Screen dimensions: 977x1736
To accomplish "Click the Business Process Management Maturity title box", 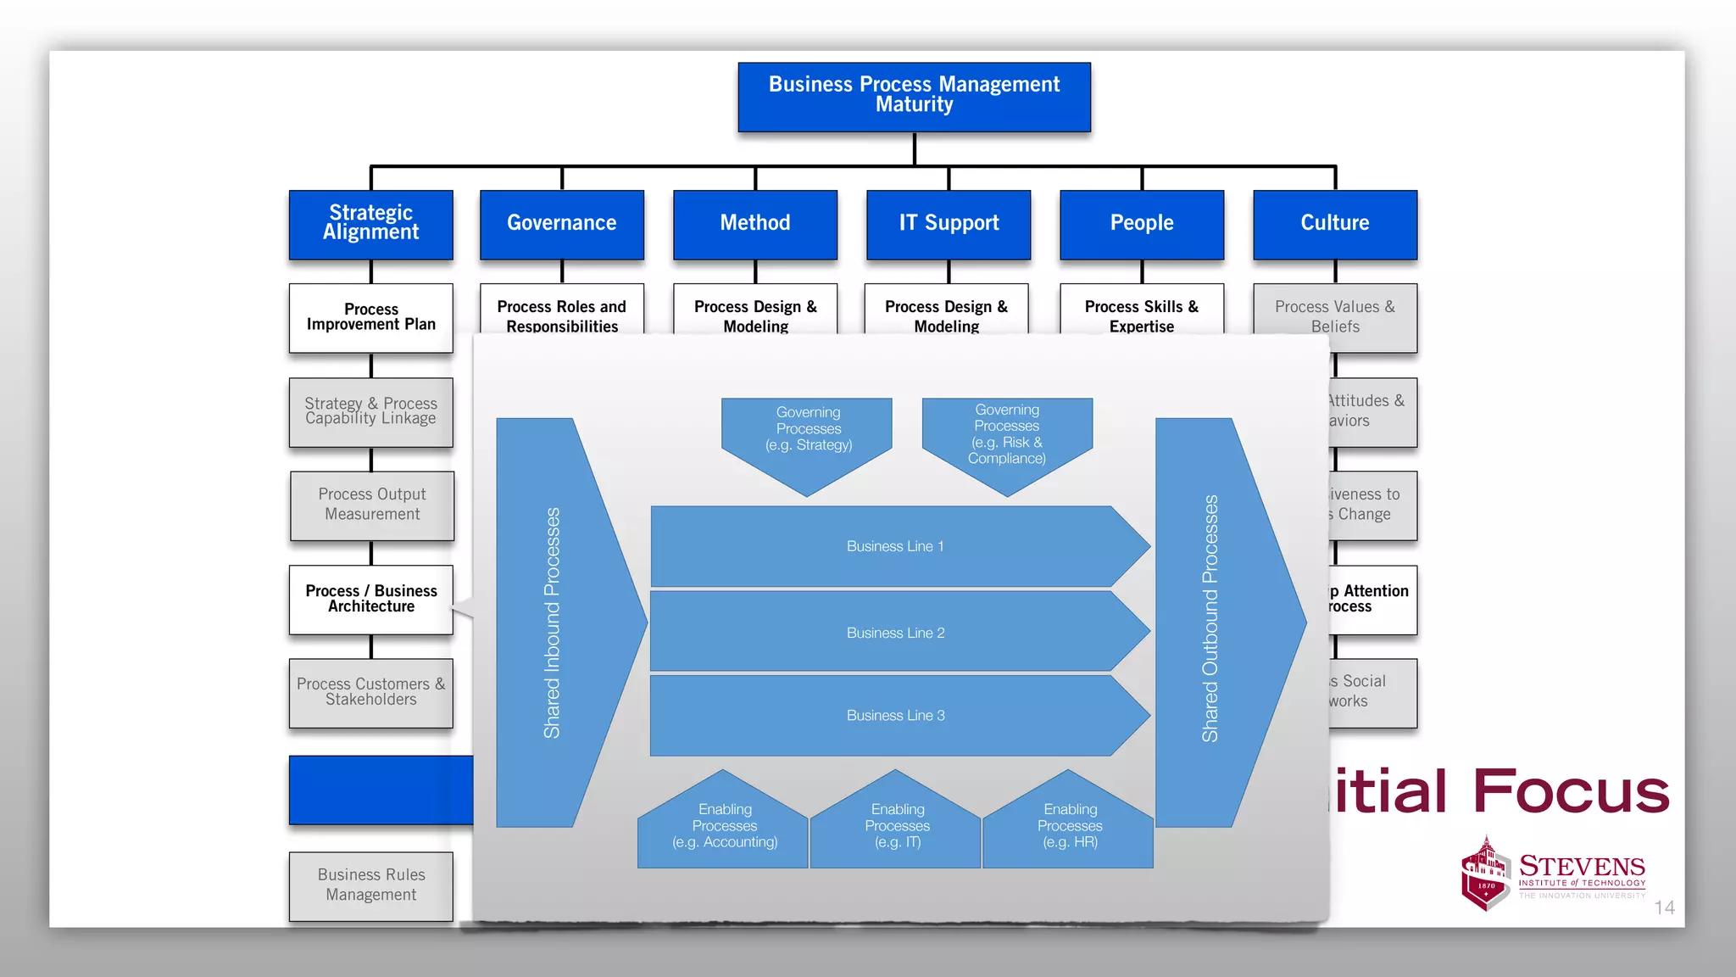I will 914,97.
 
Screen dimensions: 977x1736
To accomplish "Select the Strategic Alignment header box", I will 370,224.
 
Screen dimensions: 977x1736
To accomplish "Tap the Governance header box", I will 561,224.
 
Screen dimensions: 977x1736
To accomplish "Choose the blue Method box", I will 754,224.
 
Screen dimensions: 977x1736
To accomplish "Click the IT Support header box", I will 948,224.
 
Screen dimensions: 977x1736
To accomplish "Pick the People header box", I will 1141,224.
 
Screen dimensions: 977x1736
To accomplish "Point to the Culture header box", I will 1334,224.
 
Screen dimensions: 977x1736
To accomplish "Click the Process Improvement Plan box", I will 370,317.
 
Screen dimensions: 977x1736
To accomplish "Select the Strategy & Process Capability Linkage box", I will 370,411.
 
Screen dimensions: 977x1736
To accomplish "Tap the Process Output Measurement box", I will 372,505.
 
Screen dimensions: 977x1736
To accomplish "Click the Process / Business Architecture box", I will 370,599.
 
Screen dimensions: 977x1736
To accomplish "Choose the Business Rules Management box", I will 370,885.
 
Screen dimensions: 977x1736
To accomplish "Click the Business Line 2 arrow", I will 895,633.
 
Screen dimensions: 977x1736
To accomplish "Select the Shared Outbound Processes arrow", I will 1212,623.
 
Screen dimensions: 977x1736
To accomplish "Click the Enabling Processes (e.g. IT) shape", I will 896,826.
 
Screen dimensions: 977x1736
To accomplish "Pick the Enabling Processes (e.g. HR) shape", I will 1069,826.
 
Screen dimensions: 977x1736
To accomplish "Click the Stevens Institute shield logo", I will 1485,874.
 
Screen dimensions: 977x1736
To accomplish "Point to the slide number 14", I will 1663,908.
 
